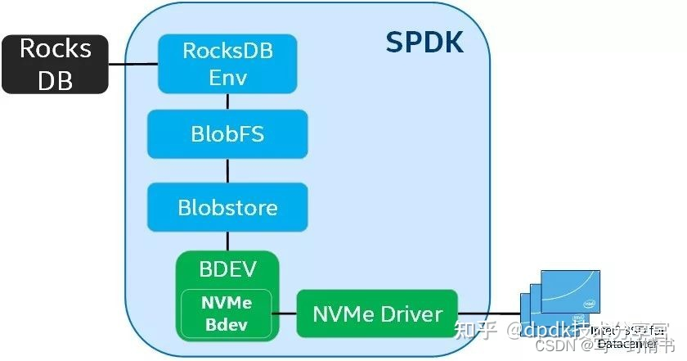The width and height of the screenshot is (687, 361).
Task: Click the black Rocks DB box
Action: click(56, 63)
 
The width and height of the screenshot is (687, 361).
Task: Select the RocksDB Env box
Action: click(227, 64)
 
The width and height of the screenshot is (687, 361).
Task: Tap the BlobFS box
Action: click(227, 133)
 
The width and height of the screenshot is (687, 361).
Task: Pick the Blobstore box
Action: click(227, 207)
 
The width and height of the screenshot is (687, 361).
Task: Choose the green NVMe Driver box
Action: click(377, 314)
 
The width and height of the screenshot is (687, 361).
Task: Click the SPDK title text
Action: click(424, 43)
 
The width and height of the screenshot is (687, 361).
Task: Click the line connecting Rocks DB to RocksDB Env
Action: click(133, 64)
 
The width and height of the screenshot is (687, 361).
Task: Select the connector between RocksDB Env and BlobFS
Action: click(228, 101)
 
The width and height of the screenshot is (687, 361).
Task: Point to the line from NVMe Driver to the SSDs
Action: click(489, 314)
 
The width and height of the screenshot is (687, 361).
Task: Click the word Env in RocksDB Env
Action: click(227, 79)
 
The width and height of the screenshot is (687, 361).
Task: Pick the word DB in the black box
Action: click(56, 79)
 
